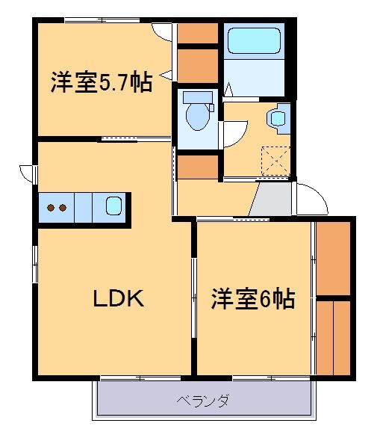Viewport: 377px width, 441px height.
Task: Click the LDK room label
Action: pos(118,299)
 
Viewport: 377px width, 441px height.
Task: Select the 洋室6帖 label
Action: pos(252,299)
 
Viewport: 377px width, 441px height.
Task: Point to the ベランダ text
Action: pos(202,401)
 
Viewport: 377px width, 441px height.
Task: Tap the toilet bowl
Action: pos(198,116)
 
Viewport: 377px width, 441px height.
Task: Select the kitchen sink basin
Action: pos(113,206)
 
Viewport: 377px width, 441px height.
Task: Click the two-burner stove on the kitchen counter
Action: pos(57,207)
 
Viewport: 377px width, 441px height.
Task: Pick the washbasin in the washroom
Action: pos(277,118)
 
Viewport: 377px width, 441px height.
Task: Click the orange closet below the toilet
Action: pos(197,166)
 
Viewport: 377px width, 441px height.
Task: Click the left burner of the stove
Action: pos(51,207)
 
